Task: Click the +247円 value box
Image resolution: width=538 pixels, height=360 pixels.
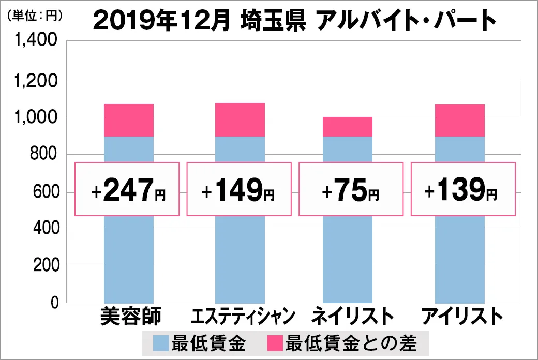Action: [127, 189]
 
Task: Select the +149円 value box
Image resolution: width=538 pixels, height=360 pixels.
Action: [239, 189]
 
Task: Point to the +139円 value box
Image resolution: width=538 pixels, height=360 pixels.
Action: [463, 189]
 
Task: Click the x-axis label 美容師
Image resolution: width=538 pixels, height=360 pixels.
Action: [131, 316]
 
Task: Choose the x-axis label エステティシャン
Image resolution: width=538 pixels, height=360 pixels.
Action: [243, 316]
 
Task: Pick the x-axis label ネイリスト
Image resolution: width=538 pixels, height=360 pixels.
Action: [349, 316]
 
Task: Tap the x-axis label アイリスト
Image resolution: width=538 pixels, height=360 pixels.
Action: [462, 316]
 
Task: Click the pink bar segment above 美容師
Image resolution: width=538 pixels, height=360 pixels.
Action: [129, 120]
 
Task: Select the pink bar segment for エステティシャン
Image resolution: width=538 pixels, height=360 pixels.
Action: [240, 119]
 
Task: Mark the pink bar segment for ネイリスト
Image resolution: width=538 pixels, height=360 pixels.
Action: [348, 127]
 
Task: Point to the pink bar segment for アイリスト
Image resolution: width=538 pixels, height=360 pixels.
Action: [460, 121]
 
